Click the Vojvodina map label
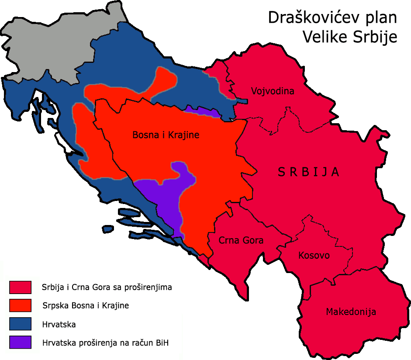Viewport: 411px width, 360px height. tap(272, 91)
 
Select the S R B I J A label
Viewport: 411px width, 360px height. tap(308, 172)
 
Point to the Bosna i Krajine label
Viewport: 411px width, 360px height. tap(166, 135)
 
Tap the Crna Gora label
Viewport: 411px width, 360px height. tap(241, 240)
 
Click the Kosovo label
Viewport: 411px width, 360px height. tap(314, 256)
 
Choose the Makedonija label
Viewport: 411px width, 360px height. tap(351, 312)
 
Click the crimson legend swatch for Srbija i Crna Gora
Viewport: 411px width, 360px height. tap(20, 287)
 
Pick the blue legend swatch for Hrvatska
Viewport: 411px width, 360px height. tap(20, 324)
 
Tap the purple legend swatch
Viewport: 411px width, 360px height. tap(20, 342)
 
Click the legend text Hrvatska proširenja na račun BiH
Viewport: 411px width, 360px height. tap(105, 343)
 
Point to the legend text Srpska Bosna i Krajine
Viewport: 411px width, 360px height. tap(85, 306)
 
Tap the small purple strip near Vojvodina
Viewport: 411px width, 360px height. tap(204, 111)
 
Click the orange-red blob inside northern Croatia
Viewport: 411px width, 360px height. tap(131, 90)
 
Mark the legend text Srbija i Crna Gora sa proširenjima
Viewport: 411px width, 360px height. tap(107, 287)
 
